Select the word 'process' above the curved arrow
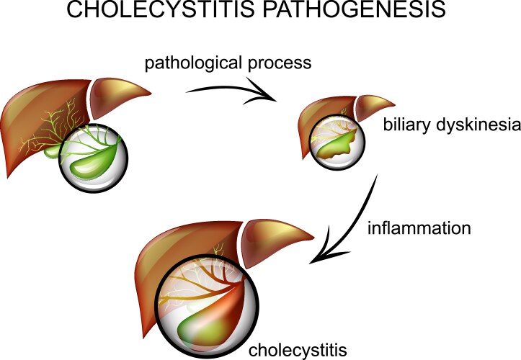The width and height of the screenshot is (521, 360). point(276,63)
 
